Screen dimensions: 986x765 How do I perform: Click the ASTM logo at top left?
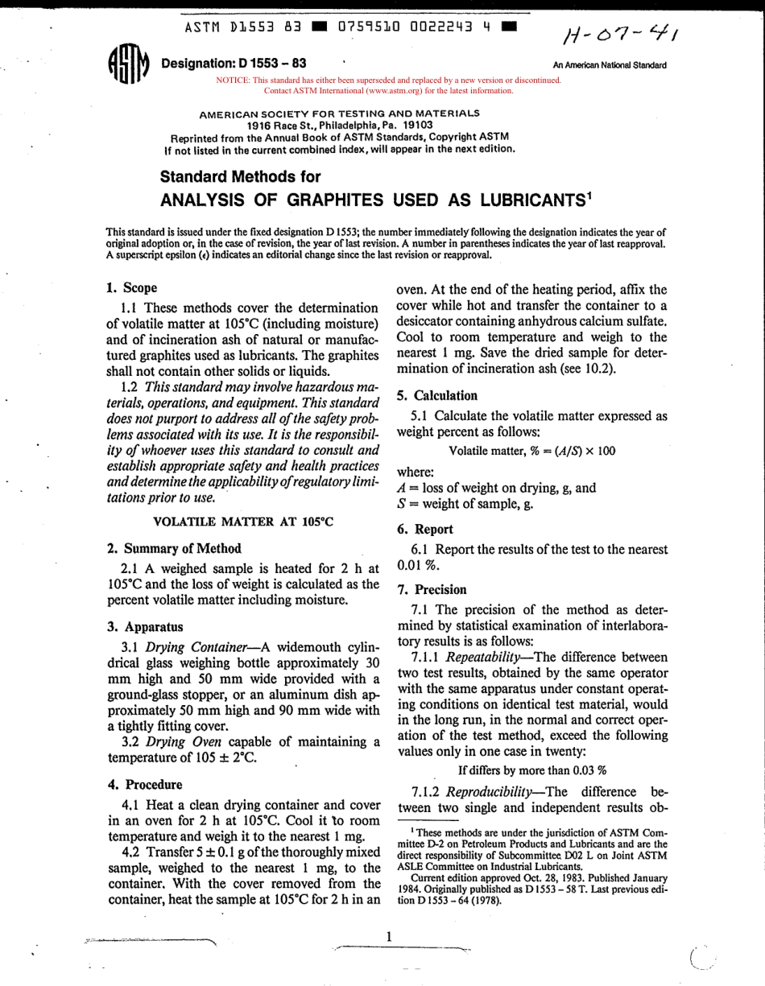coord(127,64)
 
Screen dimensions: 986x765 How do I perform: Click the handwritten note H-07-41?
coord(620,34)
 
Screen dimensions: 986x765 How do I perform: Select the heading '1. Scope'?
coord(131,287)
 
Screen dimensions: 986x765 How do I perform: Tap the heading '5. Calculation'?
coord(437,395)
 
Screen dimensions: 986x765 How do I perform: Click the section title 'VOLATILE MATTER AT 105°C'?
coord(243,522)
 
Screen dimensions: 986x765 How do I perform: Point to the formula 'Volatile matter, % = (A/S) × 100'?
coord(531,451)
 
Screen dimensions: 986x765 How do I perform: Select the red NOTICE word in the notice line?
coord(233,80)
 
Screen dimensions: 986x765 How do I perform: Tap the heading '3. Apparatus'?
coord(145,626)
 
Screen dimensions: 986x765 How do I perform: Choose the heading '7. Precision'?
coord(432,589)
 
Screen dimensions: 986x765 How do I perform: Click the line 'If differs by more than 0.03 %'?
coord(532,769)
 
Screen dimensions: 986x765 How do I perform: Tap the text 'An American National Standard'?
coord(610,65)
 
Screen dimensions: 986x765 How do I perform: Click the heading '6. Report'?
coord(425,529)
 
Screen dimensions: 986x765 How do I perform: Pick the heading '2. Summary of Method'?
coord(174,548)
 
